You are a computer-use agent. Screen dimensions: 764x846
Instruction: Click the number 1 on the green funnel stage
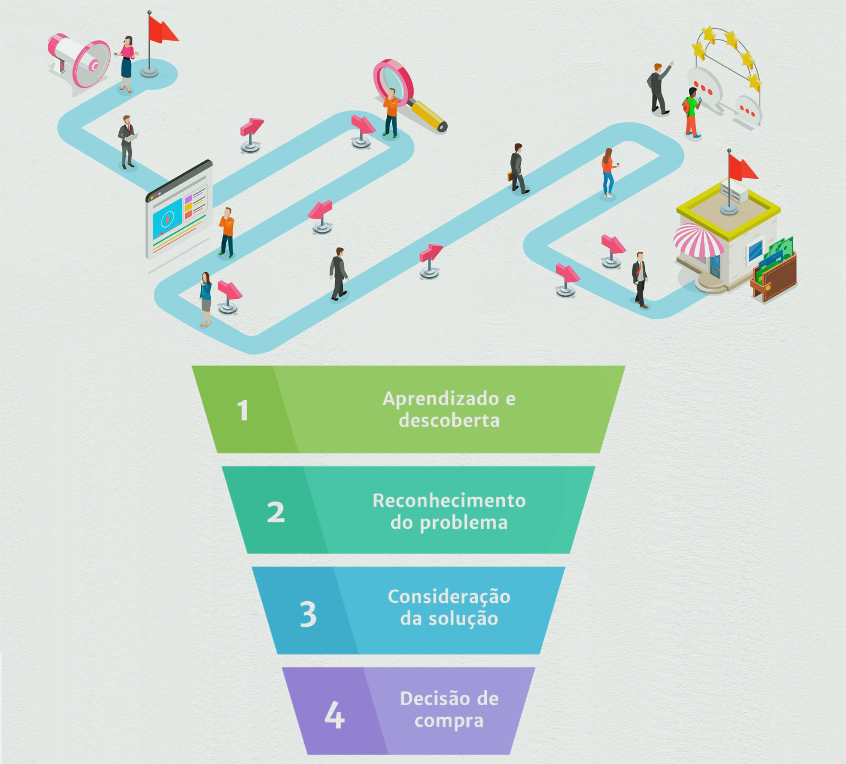[243, 411]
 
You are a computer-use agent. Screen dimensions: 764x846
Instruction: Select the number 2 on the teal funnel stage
[276, 512]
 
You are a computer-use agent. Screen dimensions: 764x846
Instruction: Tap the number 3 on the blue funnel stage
[308, 614]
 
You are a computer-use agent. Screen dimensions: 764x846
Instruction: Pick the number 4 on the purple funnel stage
[335, 715]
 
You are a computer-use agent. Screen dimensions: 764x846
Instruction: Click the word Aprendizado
[433, 398]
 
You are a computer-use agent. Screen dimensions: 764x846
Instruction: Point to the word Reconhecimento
[449, 500]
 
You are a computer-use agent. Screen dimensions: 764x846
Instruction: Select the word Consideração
[449, 596]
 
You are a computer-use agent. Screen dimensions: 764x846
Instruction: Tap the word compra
[449, 721]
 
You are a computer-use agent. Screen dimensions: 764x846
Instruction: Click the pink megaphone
[80, 61]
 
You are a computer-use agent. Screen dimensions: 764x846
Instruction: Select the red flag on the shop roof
[742, 167]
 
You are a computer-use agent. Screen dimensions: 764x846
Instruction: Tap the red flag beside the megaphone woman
[162, 30]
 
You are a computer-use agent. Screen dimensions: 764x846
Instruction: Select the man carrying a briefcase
[517, 169]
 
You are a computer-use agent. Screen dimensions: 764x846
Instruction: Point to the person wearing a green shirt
[692, 113]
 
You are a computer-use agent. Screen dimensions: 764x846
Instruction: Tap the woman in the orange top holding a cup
[608, 172]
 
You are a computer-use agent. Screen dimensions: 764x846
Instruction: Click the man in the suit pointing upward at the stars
[658, 88]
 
